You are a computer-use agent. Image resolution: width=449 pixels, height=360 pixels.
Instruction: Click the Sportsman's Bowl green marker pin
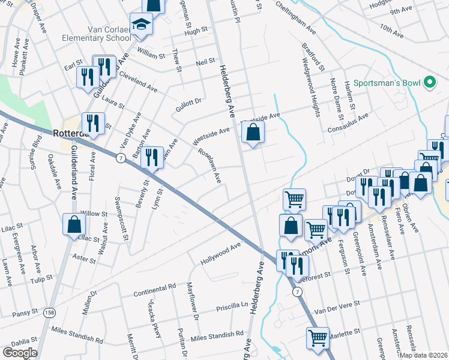(430, 82)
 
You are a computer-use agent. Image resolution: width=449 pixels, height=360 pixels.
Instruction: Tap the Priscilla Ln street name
(232, 306)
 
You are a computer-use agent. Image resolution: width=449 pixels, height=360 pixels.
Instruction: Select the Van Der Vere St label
(337, 307)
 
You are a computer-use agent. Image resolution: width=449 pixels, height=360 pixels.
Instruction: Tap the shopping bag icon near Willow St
(74, 224)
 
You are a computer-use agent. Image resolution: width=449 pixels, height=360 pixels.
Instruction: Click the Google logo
(19, 352)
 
